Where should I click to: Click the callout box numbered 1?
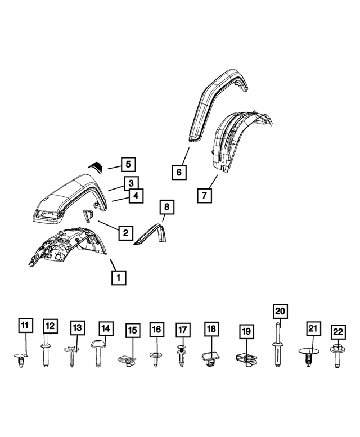click(x=118, y=277)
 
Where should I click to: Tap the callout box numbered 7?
click(x=205, y=195)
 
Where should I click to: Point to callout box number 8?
click(x=166, y=207)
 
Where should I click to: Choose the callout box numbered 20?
click(x=280, y=311)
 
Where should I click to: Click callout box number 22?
click(x=337, y=332)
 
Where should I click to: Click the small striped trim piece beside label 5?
click(x=96, y=165)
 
